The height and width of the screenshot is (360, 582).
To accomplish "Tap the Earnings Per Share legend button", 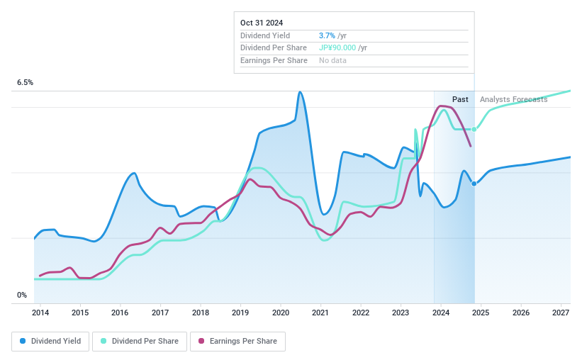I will click(237, 341).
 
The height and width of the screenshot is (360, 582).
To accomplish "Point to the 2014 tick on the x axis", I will click(40, 313).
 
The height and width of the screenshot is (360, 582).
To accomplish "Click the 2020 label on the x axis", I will click(281, 313).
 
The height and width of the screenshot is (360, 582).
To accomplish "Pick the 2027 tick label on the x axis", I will click(561, 313).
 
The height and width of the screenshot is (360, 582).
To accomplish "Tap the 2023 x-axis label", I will click(401, 313).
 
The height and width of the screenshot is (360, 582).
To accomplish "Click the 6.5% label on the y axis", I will click(26, 83).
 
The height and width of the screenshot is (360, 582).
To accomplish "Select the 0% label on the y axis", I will click(22, 296).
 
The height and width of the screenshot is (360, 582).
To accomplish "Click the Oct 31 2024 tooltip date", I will click(262, 22).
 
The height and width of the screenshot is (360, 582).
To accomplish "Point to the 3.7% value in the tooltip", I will click(328, 35).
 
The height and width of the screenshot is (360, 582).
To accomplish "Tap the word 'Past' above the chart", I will click(460, 99).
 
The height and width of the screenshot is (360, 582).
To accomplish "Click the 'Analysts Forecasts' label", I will click(513, 99).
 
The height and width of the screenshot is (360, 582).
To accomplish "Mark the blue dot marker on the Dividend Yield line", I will click(474, 184).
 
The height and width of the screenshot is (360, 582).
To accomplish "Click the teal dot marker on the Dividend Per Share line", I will click(474, 129).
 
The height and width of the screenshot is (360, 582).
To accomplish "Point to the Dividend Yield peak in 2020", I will click(301, 92).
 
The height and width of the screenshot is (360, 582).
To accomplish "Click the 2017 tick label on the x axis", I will click(160, 313).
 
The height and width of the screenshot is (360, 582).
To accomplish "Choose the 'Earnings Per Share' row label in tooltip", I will click(274, 61).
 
